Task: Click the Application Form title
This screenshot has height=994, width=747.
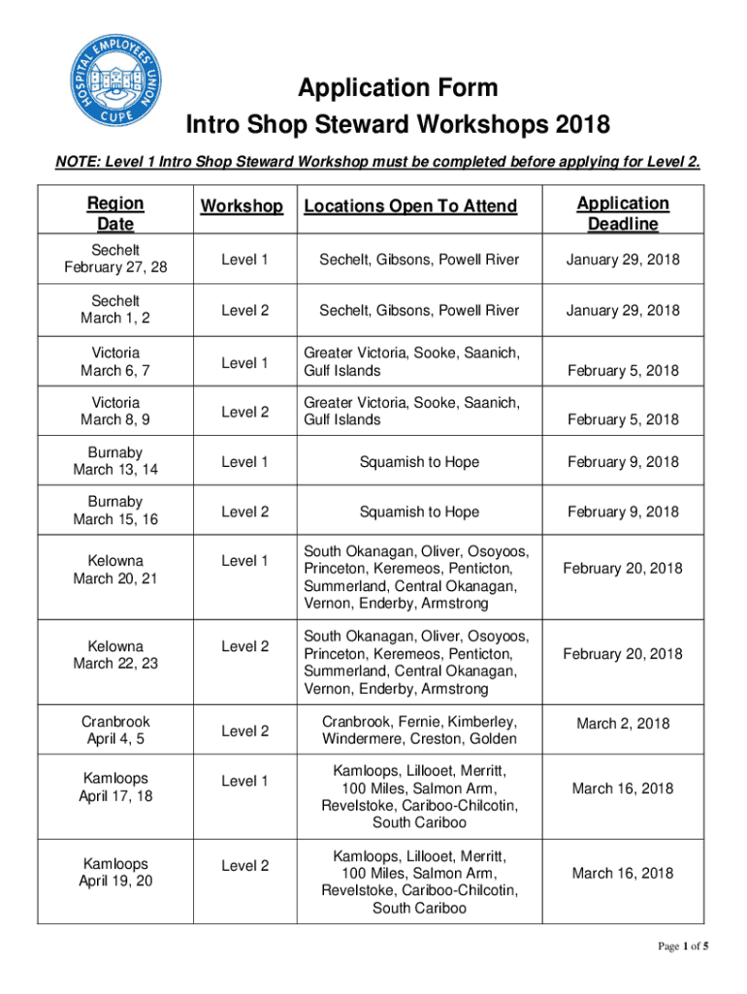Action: [398, 89]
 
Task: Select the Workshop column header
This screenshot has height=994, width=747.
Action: [242, 207]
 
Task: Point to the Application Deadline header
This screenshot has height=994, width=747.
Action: [623, 214]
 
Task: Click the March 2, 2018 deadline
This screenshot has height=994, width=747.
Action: [623, 724]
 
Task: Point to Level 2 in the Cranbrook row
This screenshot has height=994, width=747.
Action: [245, 731]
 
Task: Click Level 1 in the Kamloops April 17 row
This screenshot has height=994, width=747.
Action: [245, 780]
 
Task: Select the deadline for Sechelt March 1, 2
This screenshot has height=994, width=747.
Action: [623, 311]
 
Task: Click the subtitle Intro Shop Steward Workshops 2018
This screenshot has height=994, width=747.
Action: [398, 126]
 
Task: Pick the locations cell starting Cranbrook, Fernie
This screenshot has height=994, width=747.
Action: [419, 731]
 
